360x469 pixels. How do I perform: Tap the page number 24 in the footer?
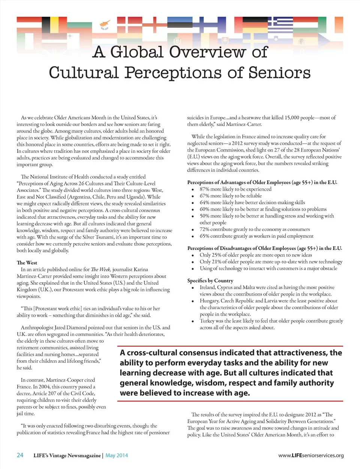coord(20,455)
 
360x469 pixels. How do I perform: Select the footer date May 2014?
coord(117,455)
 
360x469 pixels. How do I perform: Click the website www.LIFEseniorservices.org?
coord(311,455)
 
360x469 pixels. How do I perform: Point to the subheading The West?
coord(27,263)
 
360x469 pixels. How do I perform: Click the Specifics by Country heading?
coord(210,281)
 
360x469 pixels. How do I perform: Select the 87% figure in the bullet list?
coord(204,189)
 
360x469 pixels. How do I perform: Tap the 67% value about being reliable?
coord(204,196)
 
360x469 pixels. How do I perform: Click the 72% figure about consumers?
coord(204,229)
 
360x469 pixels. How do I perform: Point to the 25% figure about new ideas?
coord(215,255)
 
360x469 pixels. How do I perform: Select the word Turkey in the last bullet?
coord(207,321)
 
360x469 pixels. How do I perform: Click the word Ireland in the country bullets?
coord(208,287)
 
